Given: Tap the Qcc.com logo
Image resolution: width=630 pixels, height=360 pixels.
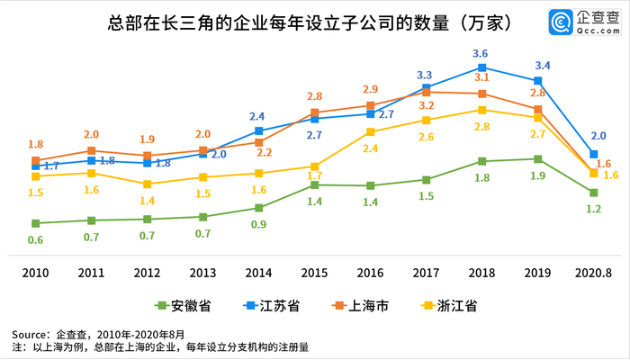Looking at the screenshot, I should point(586,19).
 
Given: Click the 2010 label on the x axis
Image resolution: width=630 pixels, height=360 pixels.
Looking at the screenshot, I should point(35,272).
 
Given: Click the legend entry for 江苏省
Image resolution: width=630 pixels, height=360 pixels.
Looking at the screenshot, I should point(271,306).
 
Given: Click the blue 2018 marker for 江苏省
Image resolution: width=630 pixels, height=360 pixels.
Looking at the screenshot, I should point(481,67).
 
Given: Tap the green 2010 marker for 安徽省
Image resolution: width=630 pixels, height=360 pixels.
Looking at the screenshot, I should point(35,223).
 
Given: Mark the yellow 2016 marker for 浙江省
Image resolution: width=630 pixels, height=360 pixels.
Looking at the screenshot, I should point(370,132).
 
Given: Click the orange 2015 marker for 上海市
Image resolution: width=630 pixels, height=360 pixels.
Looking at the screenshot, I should point(314,112).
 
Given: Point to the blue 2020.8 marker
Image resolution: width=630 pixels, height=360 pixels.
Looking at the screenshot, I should point(592,154).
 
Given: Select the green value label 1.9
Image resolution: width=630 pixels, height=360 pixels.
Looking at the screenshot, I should point(537,175).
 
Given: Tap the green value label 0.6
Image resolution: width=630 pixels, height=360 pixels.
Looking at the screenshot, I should point(35,239).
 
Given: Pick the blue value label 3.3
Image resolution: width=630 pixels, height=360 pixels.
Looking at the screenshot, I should point(424,74).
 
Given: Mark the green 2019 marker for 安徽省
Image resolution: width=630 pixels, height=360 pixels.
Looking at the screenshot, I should point(537,159).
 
